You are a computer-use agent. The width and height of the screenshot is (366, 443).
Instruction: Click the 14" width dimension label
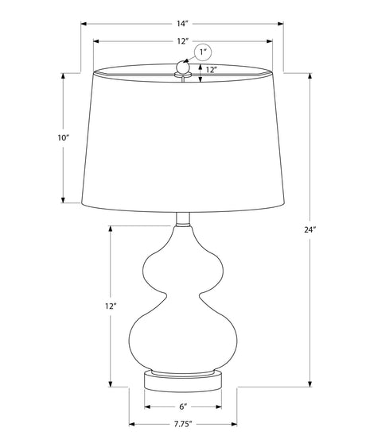tap(182, 24)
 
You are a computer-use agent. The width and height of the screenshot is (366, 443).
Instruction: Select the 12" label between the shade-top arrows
tap(182, 41)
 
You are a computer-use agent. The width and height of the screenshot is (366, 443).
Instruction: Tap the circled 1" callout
tap(203, 52)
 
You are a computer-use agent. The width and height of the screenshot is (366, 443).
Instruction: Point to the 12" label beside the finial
tap(211, 70)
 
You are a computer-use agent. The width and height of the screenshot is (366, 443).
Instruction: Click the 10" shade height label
tap(64, 138)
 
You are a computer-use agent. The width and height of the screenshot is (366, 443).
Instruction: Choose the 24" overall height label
tap(310, 229)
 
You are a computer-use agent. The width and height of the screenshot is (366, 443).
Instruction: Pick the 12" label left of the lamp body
tap(111, 306)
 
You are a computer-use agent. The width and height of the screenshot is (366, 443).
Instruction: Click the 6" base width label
tap(183, 406)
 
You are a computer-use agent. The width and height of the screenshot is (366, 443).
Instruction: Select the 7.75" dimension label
tap(183, 424)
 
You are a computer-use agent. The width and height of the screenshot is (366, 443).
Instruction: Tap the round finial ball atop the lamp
tap(182, 67)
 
